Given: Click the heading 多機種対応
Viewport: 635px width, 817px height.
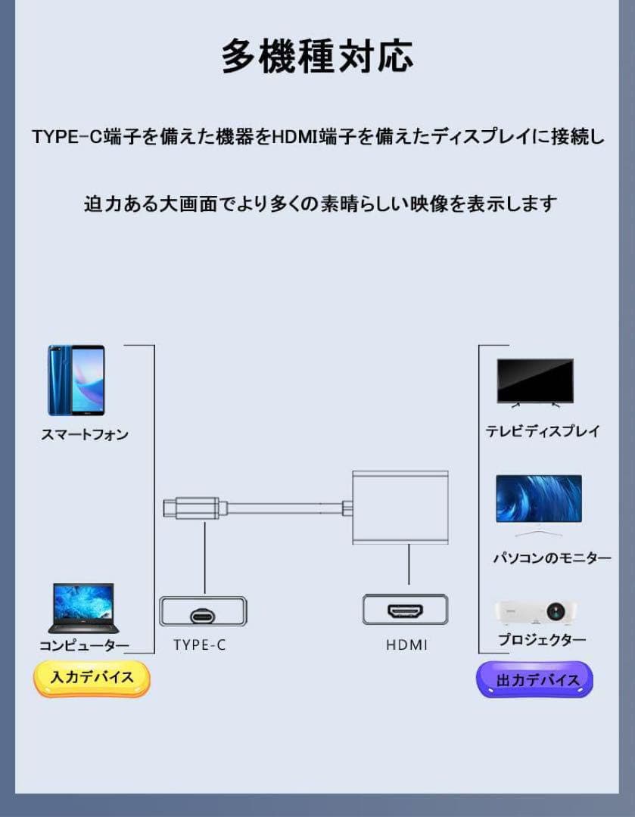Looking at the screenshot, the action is (x=318, y=56).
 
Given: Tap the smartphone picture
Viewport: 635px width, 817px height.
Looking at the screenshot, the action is (x=76, y=381).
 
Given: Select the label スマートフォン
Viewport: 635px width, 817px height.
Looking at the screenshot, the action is (x=85, y=434).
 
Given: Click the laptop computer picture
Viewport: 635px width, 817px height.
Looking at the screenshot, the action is (x=83, y=607).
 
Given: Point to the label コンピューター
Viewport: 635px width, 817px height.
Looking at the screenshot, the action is (x=85, y=645).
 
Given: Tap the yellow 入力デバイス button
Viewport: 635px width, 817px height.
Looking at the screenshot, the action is (x=92, y=678).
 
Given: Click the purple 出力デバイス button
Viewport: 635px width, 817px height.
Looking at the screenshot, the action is (x=535, y=679).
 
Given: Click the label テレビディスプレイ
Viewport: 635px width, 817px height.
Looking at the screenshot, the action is (x=543, y=431).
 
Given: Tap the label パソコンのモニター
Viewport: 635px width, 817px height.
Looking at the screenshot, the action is (x=552, y=558).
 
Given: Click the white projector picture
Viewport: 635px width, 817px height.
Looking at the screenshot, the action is (x=535, y=613).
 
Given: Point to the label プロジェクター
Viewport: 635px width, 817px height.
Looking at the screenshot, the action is (x=542, y=638).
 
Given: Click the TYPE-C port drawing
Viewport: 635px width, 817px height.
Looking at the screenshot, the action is (x=204, y=611).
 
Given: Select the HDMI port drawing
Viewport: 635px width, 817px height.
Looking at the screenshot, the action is (x=405, y=610).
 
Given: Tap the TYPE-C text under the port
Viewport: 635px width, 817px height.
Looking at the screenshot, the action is (x=200, y=645).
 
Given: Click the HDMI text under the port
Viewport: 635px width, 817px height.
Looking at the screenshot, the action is (x=406, y=645).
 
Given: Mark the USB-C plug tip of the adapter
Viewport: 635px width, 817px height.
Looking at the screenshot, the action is (x=169, y=508).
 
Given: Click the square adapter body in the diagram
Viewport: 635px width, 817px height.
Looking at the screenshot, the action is (x=400, y=508).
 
